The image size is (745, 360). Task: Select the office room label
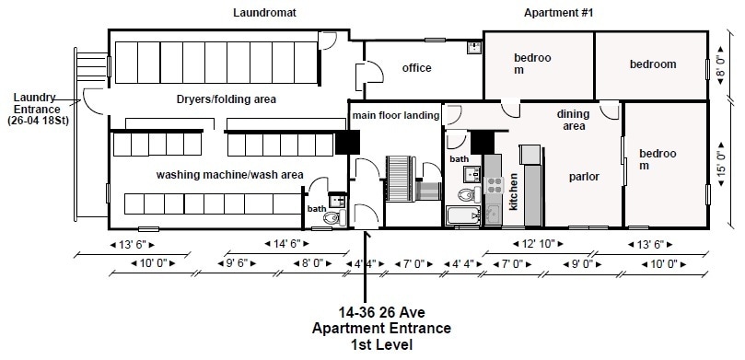416,68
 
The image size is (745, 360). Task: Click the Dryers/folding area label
227,99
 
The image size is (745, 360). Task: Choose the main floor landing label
393,114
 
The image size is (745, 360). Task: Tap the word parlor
584,176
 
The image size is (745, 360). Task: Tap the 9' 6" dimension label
236,263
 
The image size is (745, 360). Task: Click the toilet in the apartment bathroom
466,195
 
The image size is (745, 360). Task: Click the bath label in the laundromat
316,208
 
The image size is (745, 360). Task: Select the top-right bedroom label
652,64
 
